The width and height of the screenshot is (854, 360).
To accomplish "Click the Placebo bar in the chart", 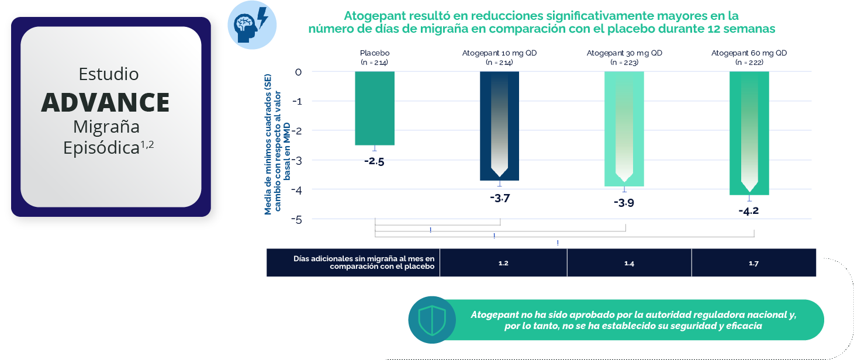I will (375, 109).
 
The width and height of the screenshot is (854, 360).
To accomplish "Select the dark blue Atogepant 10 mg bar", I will (500, 126).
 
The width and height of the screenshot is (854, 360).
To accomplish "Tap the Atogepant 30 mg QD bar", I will (624, 129).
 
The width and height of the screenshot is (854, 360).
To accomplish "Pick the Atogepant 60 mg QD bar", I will (749, 133).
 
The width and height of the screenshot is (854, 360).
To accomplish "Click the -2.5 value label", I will (374, 162).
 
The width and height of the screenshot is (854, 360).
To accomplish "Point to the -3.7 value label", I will (500, 198).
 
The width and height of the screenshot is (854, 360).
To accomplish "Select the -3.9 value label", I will (624, 203).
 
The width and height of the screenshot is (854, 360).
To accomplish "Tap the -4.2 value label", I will (748, 211).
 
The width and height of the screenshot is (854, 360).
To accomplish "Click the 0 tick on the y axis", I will (298, 72).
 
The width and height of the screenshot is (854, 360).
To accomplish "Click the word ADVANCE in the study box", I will (106, 103).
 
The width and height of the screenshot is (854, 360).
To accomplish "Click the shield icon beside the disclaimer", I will (431, 320).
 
